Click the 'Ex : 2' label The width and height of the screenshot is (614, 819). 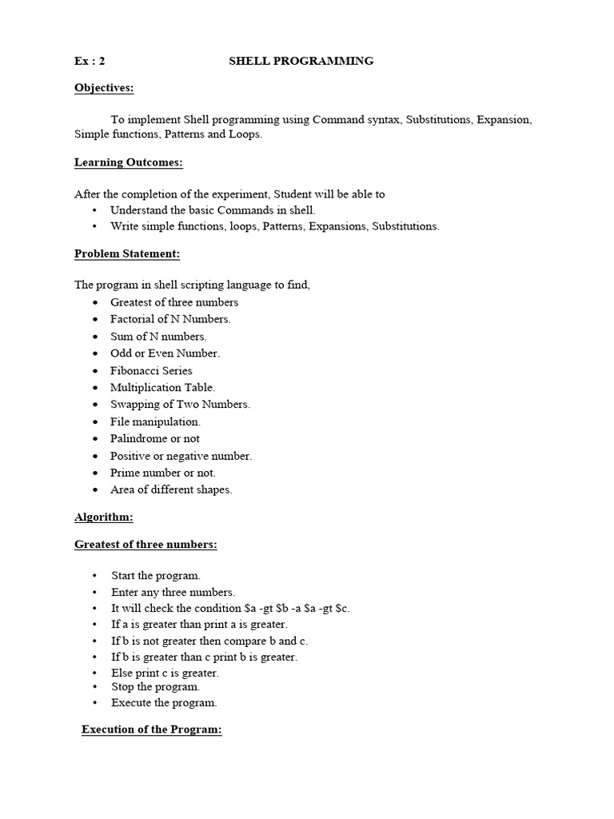[x=90, y=61]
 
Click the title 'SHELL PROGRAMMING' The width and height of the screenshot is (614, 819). [x=301, y=61]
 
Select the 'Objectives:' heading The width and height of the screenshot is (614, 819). [x=104, y=87]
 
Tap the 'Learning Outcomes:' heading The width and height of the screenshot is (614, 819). [x=129, y=162]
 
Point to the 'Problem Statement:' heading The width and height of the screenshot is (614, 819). [x=127, y=254]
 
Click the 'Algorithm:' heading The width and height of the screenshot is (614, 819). [x=104, y=517]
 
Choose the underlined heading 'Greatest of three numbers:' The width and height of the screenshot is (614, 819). [x=146, y=545]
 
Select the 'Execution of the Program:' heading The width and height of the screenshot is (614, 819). [x=151, y=730]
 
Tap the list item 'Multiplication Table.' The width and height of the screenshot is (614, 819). [x=162, y=387]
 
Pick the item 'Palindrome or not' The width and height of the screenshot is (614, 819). [x=155, y=438]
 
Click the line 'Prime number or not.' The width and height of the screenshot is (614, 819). [x=163, y=473]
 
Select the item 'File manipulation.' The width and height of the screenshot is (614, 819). [x=155, y=421]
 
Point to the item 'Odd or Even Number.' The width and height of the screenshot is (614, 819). [x=165, y=353]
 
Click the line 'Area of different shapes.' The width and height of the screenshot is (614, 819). [x=171, y=489]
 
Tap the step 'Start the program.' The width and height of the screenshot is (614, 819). [x=156, y=575]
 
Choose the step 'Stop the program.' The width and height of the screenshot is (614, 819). [x=155, y=686]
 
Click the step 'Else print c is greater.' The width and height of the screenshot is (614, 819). [x=165, y=673]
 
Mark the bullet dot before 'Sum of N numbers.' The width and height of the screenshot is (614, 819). [x=94, y=337]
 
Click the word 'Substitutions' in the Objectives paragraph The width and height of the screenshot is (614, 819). [x=438, y=119]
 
